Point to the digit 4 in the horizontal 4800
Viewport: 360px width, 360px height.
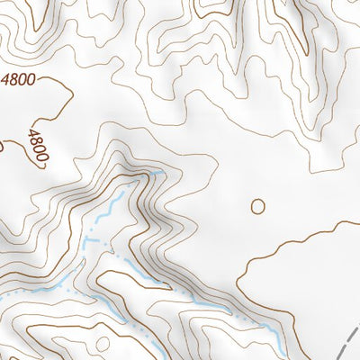[x=9, y=79]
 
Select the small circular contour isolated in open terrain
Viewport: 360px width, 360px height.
[x=258, y=205]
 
